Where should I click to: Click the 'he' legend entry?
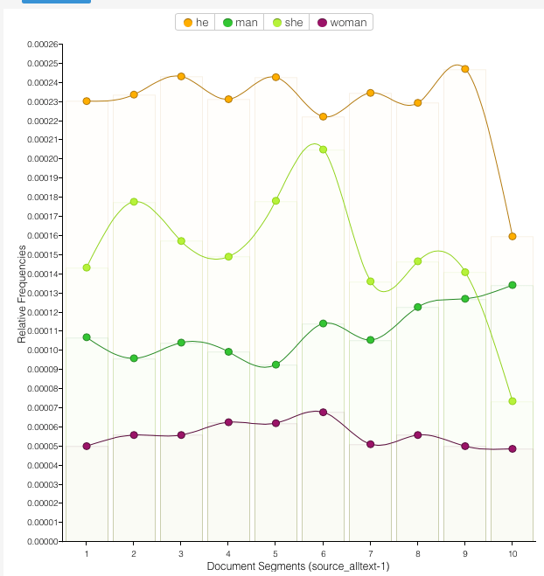pyautogui.click(x=194, y=22)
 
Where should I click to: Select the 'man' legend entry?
pyautogui.click(x=240, y=22)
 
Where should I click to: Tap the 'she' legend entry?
pyautogui.click(x=288, y=22)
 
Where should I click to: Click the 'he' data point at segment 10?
pyautogui.click(x=513, y=236)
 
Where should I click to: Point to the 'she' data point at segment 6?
pyautogui.click(x=324, y=149)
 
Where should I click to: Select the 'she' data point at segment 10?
pyautogui.click(x=513, y=401)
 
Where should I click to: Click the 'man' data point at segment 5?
pyautogui.click(x=275, y=364)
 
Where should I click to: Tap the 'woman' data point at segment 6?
pyautogui.click(x=324, y=412)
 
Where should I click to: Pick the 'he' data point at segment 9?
pyautogui.click(x=465, y=69)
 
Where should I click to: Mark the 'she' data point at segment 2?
pyautogui.click(x=134, y=202)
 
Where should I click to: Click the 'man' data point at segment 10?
pyautogui.click(x=513, y=285)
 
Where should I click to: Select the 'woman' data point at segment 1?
pyautogui.click(x=87, y=446)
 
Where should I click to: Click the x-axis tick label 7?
pyautogui.click(x=371, y=554)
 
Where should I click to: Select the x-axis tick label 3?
pyautogui.click(x=181, y=554)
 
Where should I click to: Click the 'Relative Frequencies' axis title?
pyautogui.click(x=23, y=294)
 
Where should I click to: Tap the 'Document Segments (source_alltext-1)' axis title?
pyautogui.click(x=298, y=566)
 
